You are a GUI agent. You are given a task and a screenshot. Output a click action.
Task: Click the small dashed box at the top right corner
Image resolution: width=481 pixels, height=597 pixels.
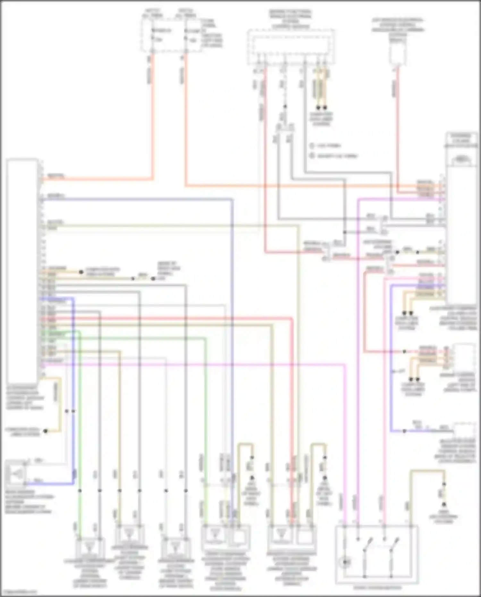[x=397, y=53]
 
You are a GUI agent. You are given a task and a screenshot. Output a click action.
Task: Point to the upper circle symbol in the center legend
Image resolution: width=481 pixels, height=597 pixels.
[x=312, y=146]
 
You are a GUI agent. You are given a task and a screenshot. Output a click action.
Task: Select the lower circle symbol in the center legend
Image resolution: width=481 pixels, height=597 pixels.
[x=312, y=156]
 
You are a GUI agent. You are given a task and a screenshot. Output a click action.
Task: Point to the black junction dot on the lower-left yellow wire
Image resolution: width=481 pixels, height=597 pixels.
[x=46, y=431]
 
